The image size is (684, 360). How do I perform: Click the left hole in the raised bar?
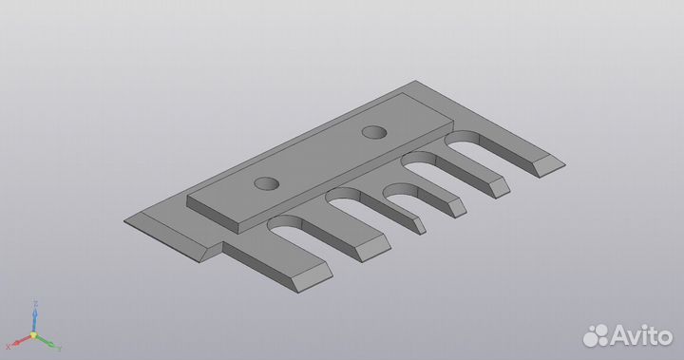[x=266, y=182]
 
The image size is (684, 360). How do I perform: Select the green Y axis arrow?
[x=53, y=341]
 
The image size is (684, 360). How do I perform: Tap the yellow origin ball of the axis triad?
[x=34, y=334]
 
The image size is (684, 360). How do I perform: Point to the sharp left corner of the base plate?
[x=126, y=224]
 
